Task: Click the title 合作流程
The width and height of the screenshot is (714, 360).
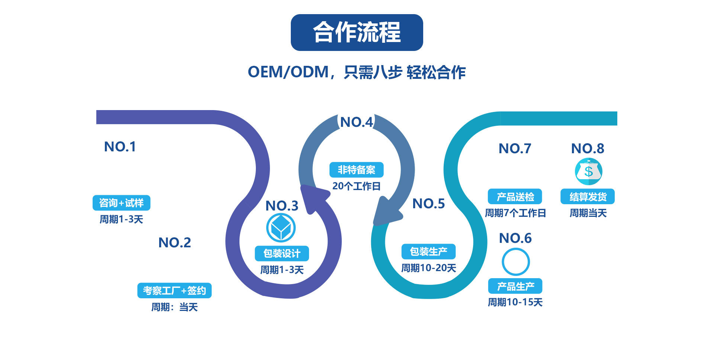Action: pyautogui.click(x=357, y=32)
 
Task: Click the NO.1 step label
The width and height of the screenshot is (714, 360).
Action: pyautogui.click(x=120, y=147)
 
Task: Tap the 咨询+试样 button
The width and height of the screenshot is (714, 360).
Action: pyautogui.click(x=121, y=203)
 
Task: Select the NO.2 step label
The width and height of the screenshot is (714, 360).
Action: pyautogui.click(x=174, y=242)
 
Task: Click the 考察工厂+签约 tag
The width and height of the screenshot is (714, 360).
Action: pyautogui.click(x=174, y=290)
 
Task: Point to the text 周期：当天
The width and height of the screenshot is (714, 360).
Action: pyautogui.click(x=174, y=307)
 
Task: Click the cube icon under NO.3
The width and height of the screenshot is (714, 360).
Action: pyautogui.click(x=281, y=228)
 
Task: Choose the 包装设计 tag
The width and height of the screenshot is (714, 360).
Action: pyautogui.click(x=282, y=254)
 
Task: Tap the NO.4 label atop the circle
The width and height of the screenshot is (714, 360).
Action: pyautogui.click(x=356, y=122)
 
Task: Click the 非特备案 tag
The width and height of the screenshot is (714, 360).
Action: pyautogui.click(x=356, y=170)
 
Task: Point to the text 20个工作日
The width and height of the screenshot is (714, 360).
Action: pyautogui.click(x=356, y=186)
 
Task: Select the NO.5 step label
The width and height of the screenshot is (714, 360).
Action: pyautogui.click(x=428, y=203)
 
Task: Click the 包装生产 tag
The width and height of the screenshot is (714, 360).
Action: pyautogui.click(x=428, y=252)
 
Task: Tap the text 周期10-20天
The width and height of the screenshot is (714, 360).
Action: pyautogui.click(x=428, y=268)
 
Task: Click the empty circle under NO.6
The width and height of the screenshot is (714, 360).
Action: pyautogui.click(x=515, y=262)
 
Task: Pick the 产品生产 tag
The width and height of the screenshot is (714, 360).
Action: pyautogui.click(x=515, y=286)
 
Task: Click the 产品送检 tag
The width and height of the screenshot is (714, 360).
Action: pyautogui.click(x=515, y=197)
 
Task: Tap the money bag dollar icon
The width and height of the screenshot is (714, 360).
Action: pyautogui.click(x=588, y=171)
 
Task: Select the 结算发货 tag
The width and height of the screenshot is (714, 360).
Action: pyautogui.click(x=588, y=197)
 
